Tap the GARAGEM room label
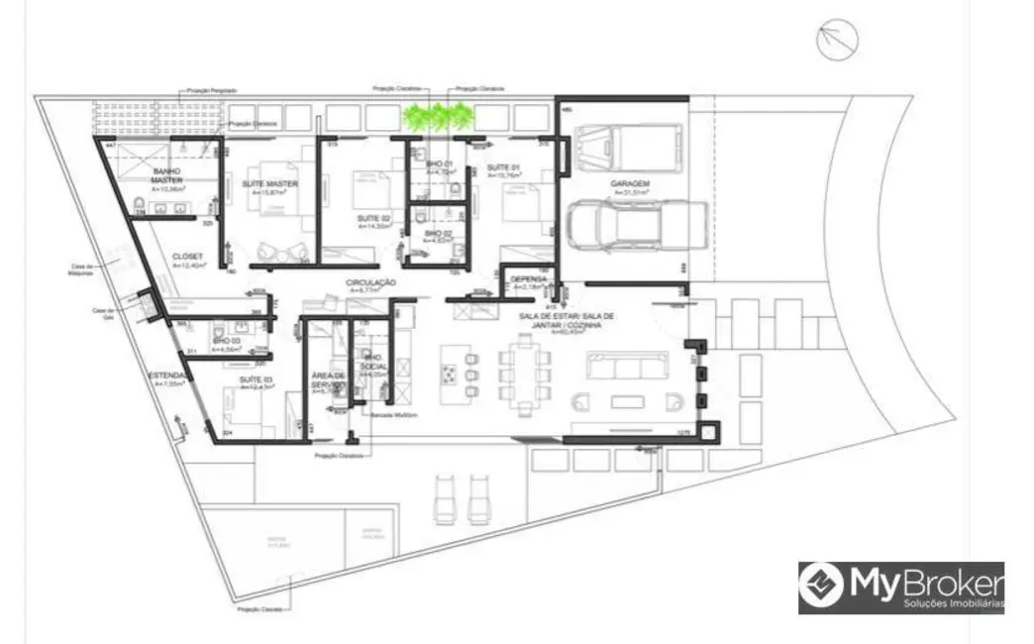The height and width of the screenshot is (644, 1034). click(630, 184)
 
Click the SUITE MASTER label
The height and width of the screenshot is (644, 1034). click(269, 184)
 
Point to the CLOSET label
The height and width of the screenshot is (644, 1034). click(186, 257)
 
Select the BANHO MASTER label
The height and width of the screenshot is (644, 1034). click(165, 175)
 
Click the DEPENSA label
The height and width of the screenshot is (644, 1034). click(529, 279)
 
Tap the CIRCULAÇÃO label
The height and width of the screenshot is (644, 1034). click(371, 282)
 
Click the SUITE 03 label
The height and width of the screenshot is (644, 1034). click(256, 379)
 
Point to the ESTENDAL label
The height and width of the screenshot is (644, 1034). click(166, 376)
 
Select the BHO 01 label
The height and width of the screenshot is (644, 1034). click(441, 163)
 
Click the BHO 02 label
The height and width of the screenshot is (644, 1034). click(439, 234)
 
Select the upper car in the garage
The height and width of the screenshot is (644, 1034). click(632, 148)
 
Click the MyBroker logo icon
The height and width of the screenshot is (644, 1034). click(821, 586)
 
